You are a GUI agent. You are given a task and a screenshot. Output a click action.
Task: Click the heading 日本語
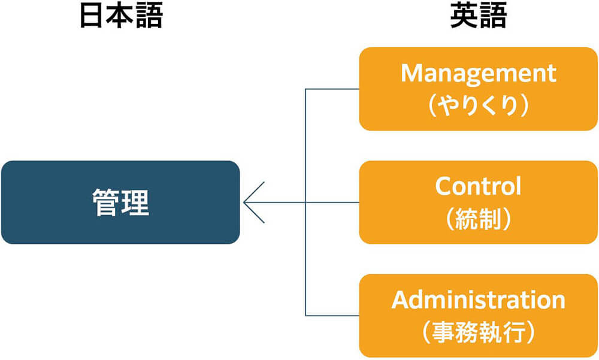coord(120,17)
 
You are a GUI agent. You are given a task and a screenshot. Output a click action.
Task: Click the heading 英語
coord(478,17)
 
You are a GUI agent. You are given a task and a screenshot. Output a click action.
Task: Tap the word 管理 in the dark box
coord(120,202)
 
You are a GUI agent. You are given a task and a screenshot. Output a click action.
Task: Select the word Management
coord(478,74)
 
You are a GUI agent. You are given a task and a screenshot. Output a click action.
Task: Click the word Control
coord(478,186)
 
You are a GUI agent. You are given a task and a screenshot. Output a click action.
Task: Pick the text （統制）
coord(478,219)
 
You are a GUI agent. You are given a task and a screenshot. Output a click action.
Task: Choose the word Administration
coord(478,300)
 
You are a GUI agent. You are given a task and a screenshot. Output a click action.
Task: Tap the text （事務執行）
coord(478,332)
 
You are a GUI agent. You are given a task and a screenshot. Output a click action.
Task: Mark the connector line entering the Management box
coord(332,89)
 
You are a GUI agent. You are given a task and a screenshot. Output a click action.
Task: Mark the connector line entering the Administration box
coord(332,316)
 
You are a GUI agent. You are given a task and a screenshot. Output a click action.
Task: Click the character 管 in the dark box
coord(105,202)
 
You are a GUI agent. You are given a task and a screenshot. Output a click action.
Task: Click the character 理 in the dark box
coord(135,202)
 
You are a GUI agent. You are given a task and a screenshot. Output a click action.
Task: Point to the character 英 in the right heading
coord(463,17)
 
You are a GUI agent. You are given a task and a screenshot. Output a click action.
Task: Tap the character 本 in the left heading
coord(120,17)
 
